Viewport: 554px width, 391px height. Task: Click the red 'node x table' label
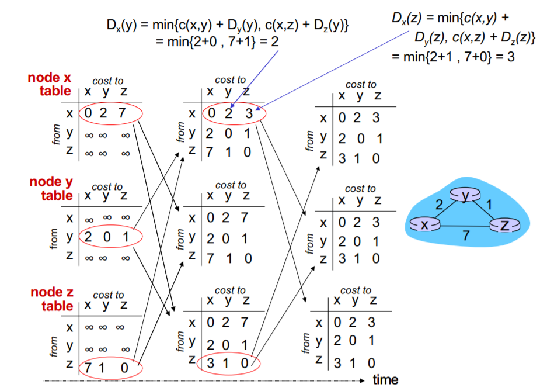point(51,84)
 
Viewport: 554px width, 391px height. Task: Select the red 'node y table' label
point(52,189)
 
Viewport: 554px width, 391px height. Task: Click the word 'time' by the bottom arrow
point(385,380)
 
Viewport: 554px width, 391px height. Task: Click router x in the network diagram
point(424,224)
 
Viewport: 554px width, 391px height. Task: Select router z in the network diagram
point(505,224)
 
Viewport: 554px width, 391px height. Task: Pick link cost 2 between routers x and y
point(440,205)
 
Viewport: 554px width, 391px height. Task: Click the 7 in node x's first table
point(123,113)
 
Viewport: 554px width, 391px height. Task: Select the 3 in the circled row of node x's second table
point(249,114)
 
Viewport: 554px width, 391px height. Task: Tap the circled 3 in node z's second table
point(211,364)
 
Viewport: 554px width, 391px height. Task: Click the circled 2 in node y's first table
point(88,237)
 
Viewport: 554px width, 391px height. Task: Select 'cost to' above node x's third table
point(361,85)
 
